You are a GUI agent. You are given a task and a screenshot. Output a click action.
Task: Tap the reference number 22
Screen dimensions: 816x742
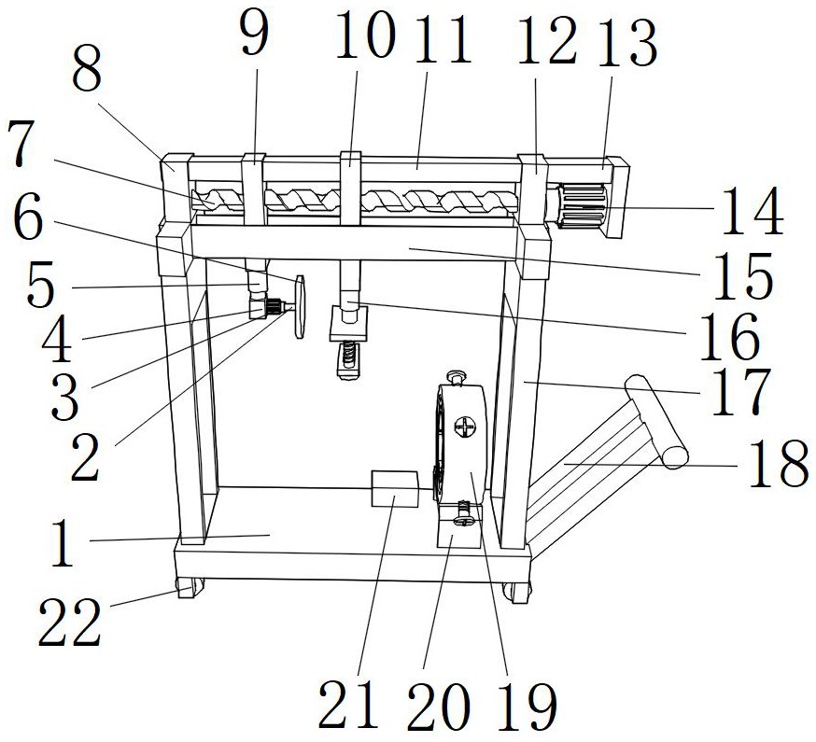(x=70, y=622)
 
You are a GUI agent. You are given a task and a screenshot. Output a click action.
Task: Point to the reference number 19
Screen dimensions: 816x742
(x=527, y=707)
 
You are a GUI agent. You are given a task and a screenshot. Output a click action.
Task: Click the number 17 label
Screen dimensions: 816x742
(x=740, y=392)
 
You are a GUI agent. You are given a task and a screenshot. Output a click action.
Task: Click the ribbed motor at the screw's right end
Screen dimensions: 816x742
(x=583, y=206)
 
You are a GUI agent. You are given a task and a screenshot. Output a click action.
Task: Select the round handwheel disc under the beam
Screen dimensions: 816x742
(x=300, y=307)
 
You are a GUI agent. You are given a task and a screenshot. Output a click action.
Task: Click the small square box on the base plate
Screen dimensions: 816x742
(x=395, y=488)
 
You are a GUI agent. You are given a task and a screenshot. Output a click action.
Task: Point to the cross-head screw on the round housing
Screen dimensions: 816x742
(x=465, y=428)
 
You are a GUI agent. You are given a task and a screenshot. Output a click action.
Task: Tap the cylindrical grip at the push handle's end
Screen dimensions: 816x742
(x=655, y=422)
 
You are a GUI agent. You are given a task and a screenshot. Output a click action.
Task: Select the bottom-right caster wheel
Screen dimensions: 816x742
(x=517, y=592)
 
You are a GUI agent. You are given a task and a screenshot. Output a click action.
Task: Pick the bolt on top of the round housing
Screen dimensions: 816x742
(x=457, y=378)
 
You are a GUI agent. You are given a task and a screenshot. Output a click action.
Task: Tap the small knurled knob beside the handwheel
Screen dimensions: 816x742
(x=274, y=306)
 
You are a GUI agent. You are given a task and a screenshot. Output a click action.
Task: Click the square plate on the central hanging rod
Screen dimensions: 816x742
(x=349, y=323)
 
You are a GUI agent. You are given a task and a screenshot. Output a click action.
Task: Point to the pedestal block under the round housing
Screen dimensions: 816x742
(x=458, y=525)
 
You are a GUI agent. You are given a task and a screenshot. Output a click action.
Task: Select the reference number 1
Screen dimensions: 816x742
(x=62, y=543)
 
